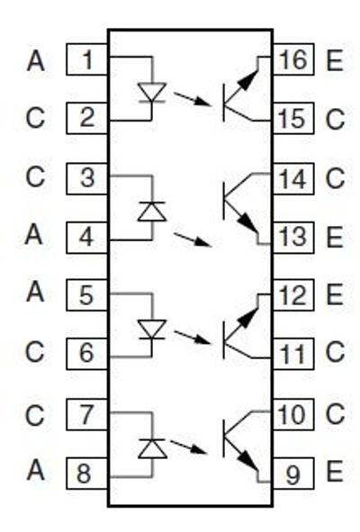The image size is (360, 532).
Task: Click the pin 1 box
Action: point(88,61)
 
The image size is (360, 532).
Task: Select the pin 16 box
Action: point(291,61)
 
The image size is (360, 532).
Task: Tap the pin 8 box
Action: point(88,473)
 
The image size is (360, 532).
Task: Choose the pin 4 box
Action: point(88,237)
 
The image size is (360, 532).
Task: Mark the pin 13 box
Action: point(291,237)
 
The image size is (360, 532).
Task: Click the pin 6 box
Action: point(88,354)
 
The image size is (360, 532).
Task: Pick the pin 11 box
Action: point(291,354)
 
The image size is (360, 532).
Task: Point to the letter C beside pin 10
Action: point(335,415)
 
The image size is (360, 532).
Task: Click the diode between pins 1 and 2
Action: point(151,92)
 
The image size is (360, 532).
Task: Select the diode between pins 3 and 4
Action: point(151,211)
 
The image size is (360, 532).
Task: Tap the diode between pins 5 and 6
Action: point(151,328)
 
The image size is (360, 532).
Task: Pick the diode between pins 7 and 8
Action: point(151,446)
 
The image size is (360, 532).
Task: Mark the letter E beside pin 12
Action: point(335,294)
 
